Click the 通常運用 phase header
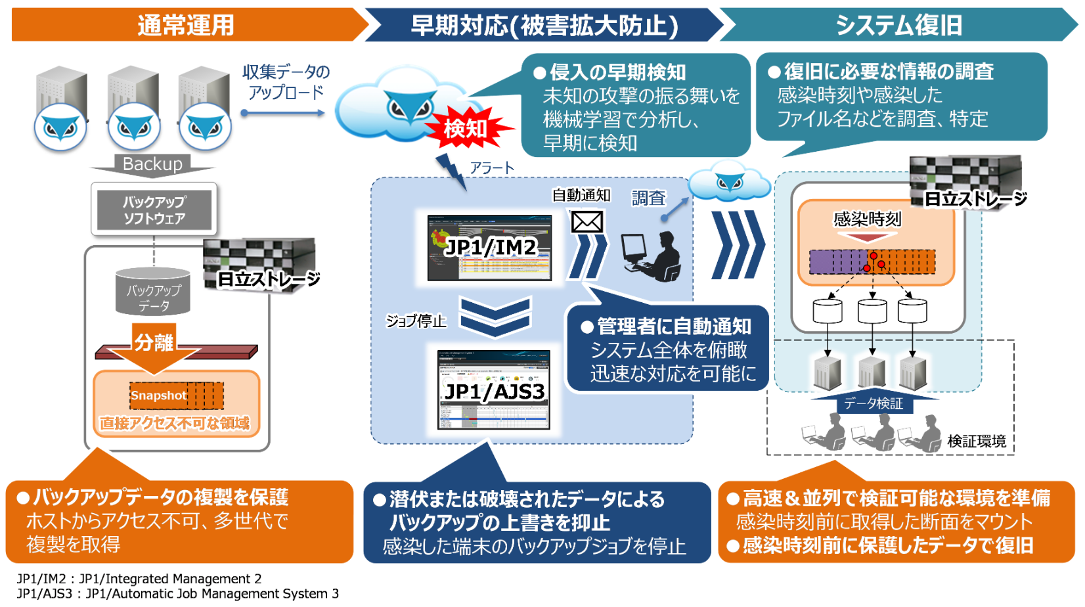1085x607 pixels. coord(186,25)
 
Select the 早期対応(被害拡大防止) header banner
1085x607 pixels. coord(544,25)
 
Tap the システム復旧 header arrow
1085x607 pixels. coord(898,25)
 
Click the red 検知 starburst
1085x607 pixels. coord(465,128)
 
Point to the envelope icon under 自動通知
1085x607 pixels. coord(587,222)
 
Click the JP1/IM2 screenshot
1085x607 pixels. coord(489,248)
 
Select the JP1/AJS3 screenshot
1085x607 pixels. coord(494,390)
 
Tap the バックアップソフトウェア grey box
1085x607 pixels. coord(154,210)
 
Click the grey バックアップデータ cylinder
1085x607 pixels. coord(154,292)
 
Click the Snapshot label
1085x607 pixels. coord(158,395)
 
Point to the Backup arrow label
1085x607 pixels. coord(152,164)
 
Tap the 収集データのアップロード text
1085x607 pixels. coord(286,82)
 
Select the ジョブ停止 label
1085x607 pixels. coord(416,321)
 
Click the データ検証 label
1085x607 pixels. coord(873,403)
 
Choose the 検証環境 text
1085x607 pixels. coord(977,441)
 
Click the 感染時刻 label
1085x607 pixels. coord(867,219)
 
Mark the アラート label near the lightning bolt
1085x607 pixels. coord(492,168)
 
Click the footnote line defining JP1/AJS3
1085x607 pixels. coord(178,594)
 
